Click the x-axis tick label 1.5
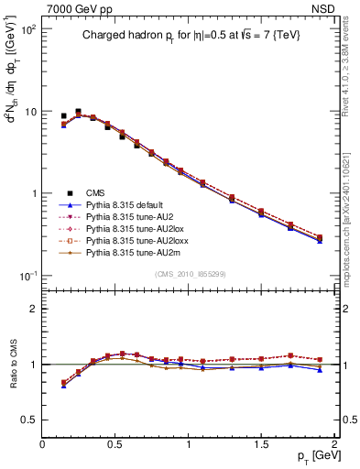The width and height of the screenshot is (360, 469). click(262, 442)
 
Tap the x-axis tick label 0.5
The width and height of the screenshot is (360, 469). click(115, 442)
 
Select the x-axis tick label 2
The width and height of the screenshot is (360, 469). click(335, 442)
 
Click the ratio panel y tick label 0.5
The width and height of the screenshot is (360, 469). click(29, 420)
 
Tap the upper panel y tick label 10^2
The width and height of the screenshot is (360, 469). click(27, 29)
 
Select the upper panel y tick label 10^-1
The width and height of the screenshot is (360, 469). click(27, 276)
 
